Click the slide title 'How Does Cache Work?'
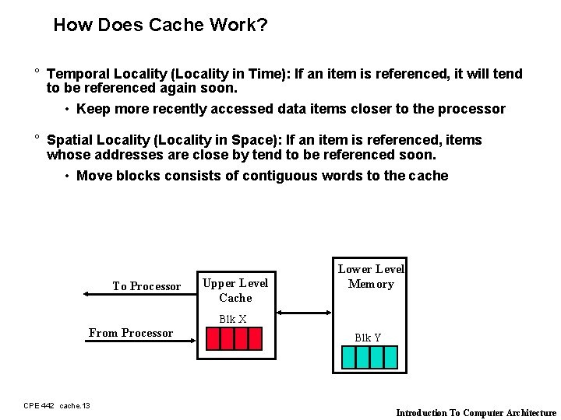point(161,25)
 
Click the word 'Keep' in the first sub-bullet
point(93,109)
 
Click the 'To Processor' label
point(146,286)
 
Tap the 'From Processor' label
point(131,333)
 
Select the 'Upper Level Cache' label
point(235,290)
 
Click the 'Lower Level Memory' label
point(371,276)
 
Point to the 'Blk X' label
point(233,319)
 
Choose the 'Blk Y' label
point(368,338)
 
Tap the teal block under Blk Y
point(369,356)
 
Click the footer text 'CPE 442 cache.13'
point(57,405)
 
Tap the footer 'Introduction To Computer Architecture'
point(476,413)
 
